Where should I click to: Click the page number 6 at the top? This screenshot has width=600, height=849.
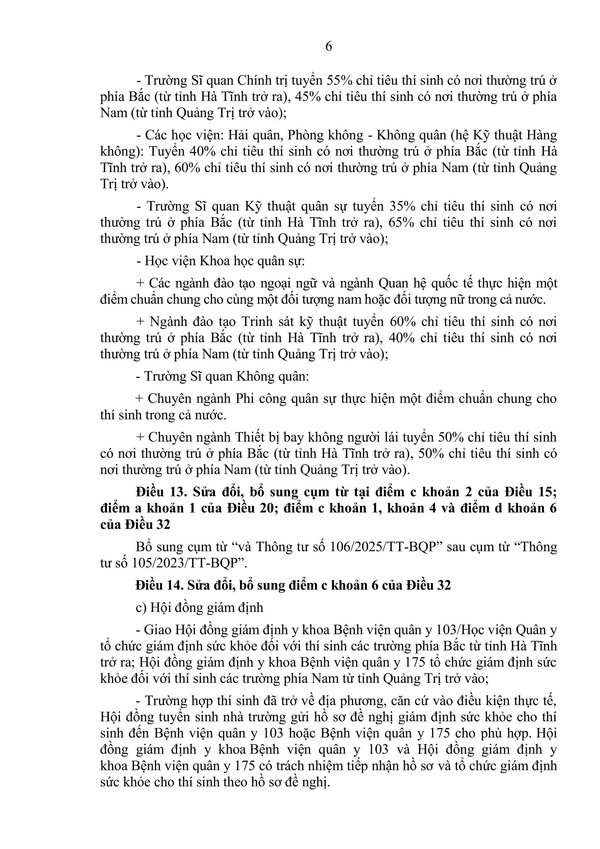(x=328, y=47)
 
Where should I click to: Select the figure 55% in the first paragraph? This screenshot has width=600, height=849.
(x=337, y=80)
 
